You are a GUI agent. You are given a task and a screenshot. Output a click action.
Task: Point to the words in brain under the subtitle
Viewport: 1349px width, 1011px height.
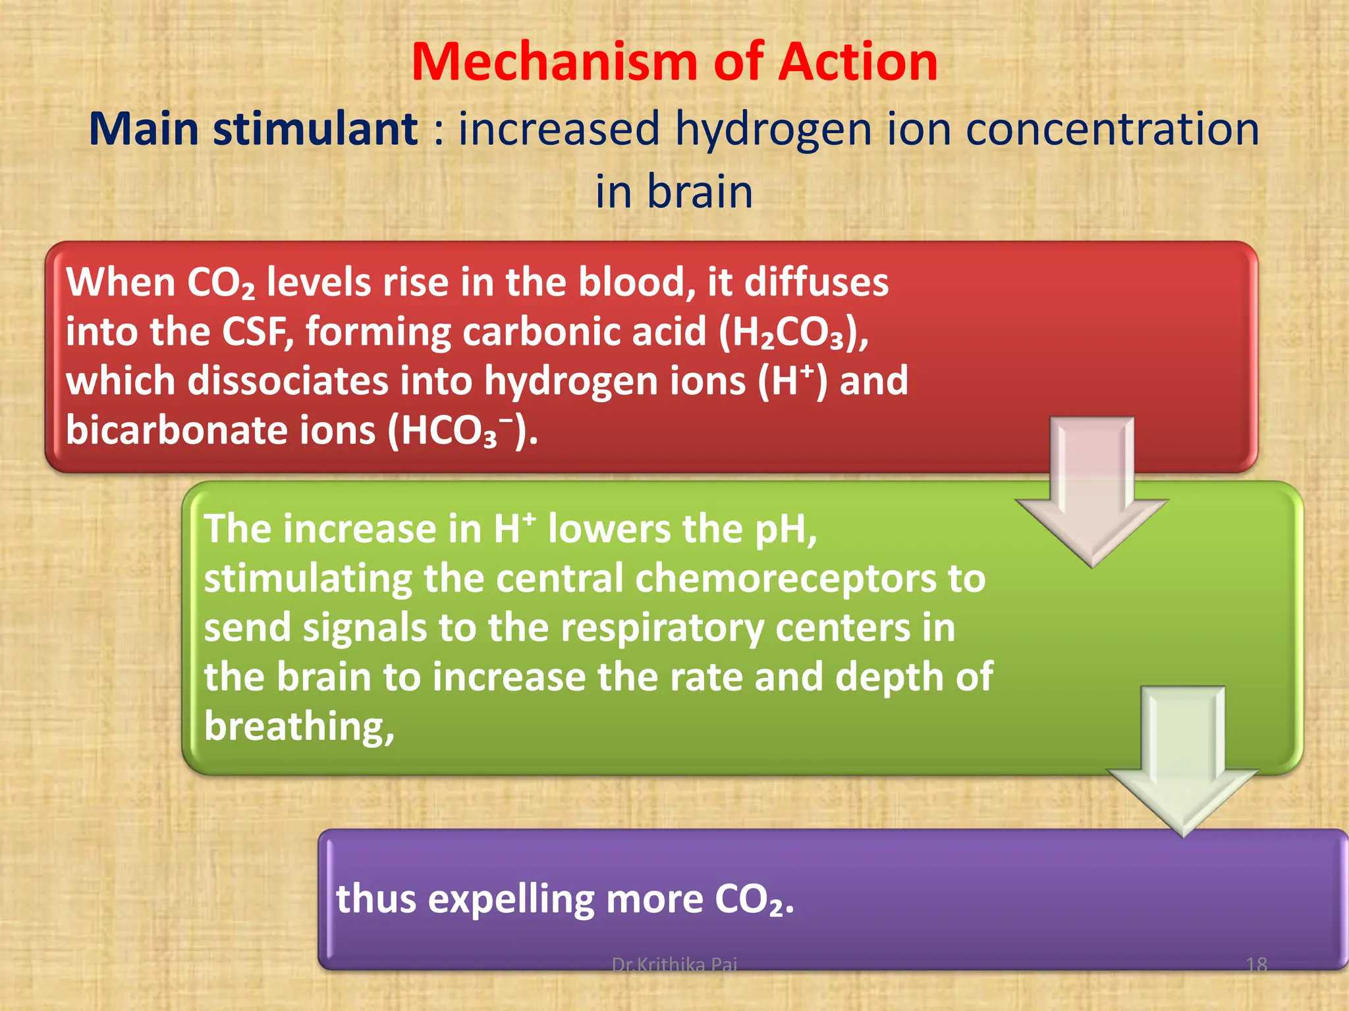[x=674, y=192]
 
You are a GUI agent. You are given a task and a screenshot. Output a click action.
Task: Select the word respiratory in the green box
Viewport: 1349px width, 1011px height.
[x=662, y=629]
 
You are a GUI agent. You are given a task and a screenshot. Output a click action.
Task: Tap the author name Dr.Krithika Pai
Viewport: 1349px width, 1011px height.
[x=674, y=965]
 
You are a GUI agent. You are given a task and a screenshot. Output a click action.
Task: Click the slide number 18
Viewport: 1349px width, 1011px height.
[x=1256, y=965]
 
